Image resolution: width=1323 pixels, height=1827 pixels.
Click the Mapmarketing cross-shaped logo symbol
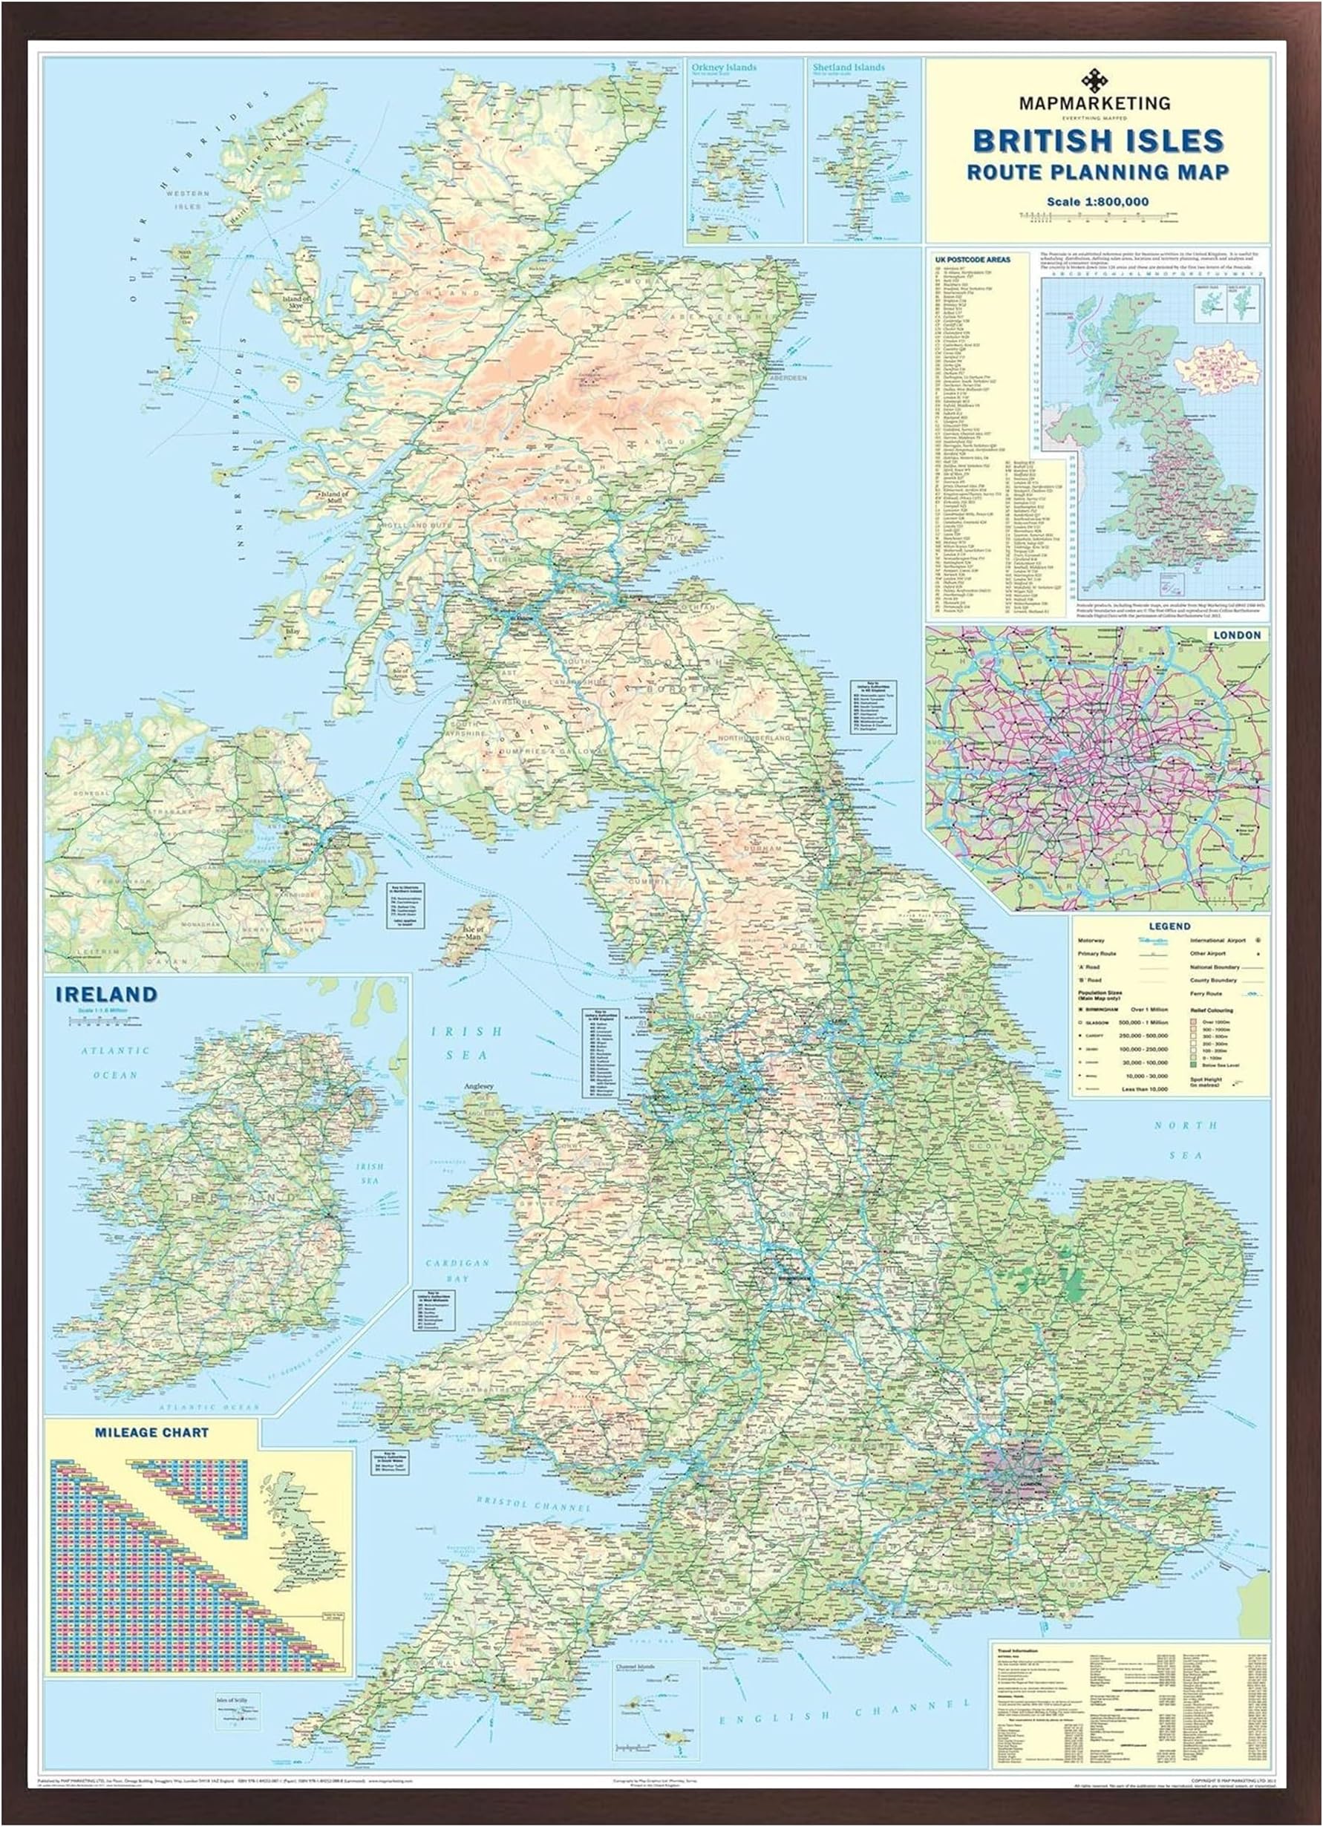pos(1094,82)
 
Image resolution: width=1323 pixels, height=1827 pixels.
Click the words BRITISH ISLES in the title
pos(1098,141)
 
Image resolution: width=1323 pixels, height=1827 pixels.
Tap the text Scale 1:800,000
pos(1097,201)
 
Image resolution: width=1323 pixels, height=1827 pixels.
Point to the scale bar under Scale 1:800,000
pos(1097,215)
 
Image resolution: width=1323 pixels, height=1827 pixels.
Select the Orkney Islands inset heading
pos(724,68)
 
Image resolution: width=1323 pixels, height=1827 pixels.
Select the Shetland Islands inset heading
pos(848,68)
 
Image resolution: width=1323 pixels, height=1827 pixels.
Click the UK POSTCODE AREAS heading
pos(973,259)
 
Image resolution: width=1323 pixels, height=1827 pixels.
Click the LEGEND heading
pos(1169,926)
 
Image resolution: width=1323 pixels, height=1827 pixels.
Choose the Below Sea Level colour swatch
pos(1193,1065)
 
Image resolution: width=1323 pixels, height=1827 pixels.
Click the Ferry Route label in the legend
pos(1206,994)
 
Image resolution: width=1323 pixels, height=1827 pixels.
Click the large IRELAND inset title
pos(106,995)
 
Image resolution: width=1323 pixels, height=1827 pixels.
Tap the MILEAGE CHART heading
pos(151,1433)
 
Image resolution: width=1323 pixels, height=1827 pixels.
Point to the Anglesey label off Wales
pos(478,1087)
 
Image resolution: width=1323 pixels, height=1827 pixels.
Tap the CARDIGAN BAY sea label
pos(457,1270)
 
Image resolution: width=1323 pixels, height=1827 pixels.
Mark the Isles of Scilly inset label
pos(232,1701)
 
